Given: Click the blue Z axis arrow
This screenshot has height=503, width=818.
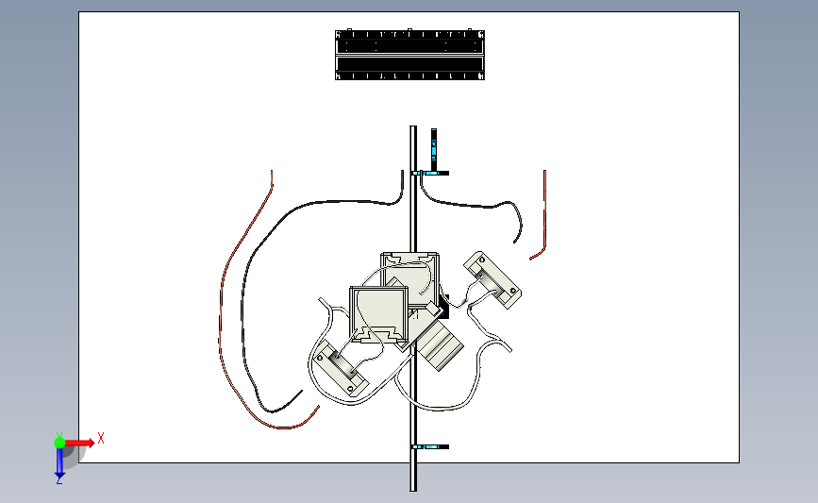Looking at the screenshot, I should click(59, 462).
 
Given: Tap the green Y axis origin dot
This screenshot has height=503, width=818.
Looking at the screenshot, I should click(59, 441).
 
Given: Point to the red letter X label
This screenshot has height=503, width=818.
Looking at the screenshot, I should click(100, 438).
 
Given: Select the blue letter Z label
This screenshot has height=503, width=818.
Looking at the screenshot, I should click(58, 480).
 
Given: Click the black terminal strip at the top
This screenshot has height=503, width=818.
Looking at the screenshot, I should click(410, 55).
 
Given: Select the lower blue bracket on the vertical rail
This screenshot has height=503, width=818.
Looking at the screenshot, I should click(430, 445).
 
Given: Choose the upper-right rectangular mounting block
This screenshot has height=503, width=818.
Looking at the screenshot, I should click(492, 279).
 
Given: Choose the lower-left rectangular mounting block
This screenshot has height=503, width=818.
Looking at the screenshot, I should click(341, 369).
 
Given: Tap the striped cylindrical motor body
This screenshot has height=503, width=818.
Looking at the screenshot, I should click(441, 345).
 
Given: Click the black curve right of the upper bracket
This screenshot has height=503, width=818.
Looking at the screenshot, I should click(481, 207).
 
